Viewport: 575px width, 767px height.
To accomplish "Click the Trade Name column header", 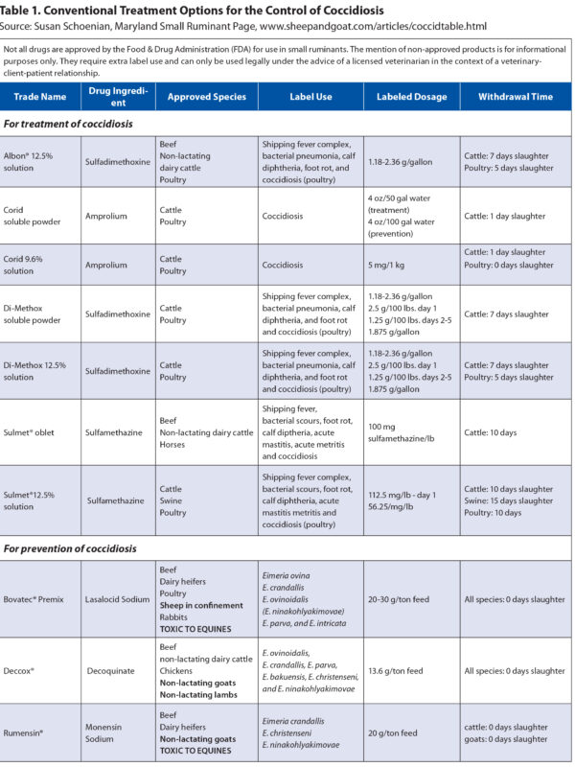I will point(40,97).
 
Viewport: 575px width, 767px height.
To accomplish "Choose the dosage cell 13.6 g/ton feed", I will point(395,671).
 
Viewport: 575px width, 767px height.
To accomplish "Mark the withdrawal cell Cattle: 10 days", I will point(494,432).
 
